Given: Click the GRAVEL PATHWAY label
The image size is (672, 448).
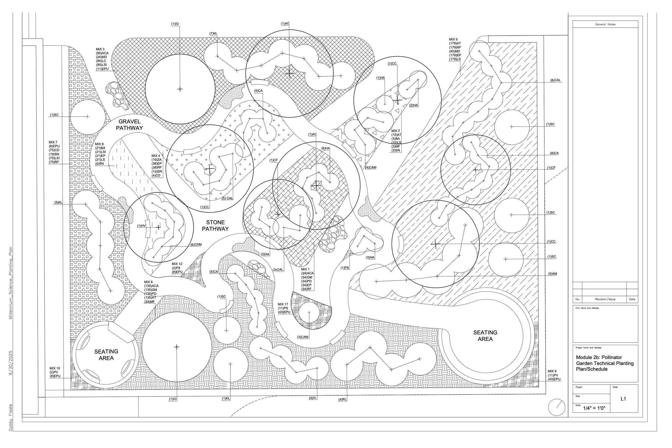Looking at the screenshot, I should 130,125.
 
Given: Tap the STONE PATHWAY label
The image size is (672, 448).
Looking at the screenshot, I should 215,225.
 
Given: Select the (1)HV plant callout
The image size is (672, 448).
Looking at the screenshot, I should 141,226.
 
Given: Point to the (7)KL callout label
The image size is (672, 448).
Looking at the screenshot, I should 213,33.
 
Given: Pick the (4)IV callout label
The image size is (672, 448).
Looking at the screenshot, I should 313,398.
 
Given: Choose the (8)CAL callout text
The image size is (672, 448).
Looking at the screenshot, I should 555,80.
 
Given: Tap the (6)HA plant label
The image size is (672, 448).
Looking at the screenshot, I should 326,148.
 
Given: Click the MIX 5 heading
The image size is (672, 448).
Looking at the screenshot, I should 453,40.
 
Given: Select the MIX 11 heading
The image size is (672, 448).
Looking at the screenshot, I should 283,304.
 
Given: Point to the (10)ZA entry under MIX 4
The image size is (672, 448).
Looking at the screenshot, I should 156,160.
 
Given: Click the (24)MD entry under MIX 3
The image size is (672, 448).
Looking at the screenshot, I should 101,57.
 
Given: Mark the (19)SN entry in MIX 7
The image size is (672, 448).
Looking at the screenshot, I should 54,154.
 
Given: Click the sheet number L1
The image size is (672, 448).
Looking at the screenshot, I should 623,399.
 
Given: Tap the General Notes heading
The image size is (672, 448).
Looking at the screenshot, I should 605,24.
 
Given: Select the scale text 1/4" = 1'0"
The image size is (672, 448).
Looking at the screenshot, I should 594,408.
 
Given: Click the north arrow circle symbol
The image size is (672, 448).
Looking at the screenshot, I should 557,407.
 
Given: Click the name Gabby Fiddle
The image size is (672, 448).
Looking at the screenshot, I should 11,417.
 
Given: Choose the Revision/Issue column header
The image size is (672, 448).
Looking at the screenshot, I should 605,299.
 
